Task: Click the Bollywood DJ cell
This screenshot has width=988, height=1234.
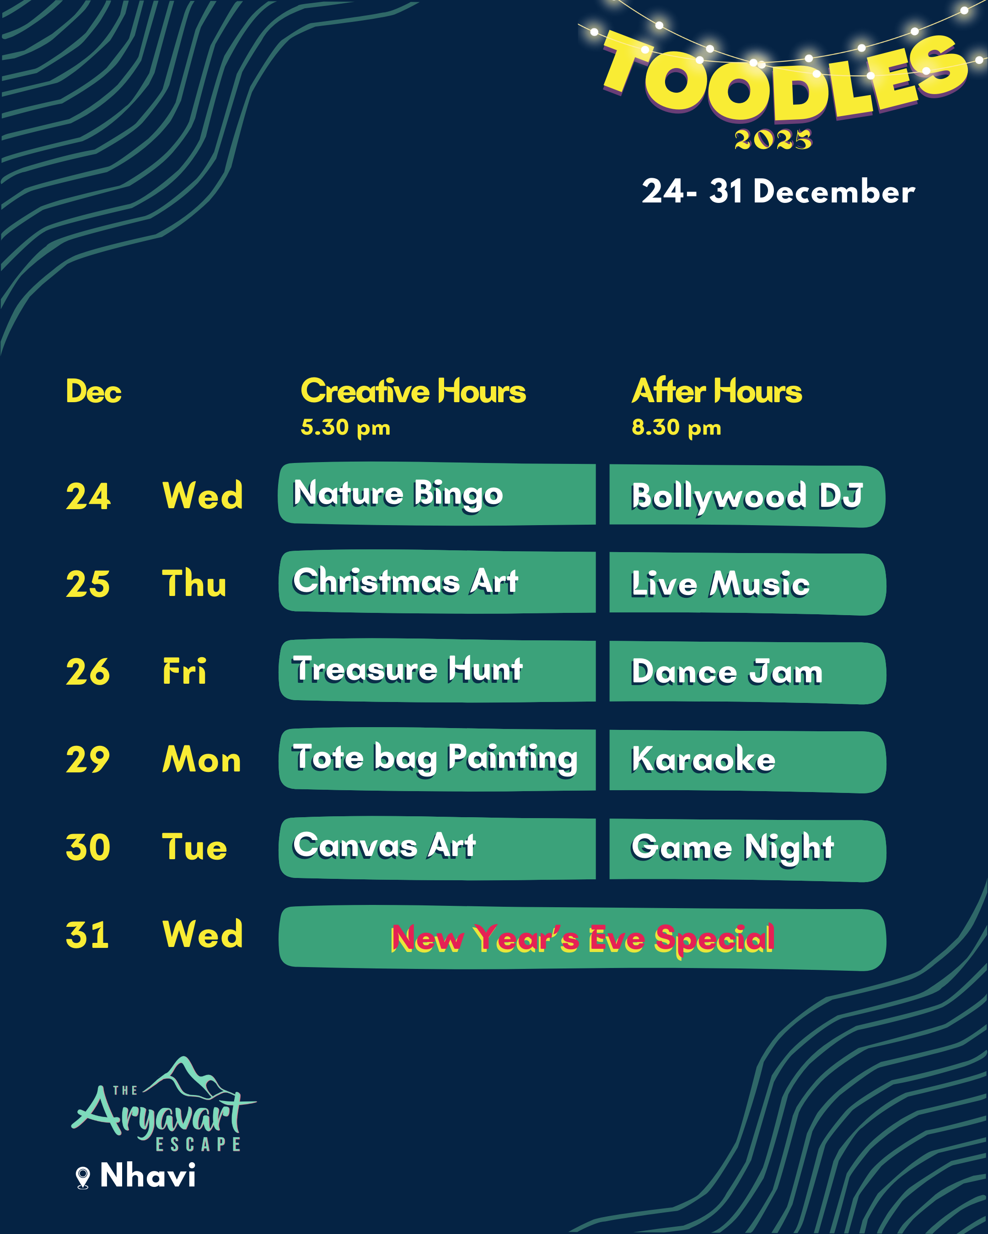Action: pos(747,496)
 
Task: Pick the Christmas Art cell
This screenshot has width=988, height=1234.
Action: pos(437,581)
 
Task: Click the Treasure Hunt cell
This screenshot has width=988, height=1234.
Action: pos(437,670)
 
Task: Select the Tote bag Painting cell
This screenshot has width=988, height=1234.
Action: pos(437,759)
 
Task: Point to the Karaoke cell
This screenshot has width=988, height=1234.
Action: pos(747,761)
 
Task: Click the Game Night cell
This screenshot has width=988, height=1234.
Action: pos(747,850)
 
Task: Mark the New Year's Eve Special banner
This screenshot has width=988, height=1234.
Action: pos(582,938)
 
